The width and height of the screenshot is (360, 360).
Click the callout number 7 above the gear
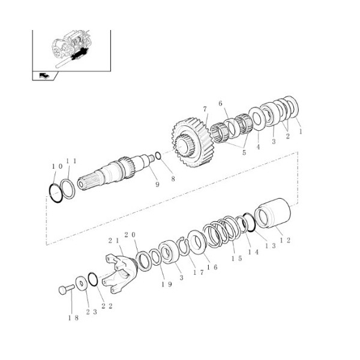(x=205, y=109)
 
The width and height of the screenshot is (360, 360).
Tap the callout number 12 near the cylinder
(x=285, y=241)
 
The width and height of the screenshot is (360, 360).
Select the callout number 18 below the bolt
(x=73, y=318)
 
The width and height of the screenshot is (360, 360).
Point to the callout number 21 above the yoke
(x=114, y=241)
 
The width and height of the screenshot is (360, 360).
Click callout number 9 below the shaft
(x=157, y=184)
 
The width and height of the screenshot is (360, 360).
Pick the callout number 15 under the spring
(x=236, y=258)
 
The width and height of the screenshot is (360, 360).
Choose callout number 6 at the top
(x=220, y=104)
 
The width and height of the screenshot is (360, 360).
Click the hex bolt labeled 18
(x=67, y=289)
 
